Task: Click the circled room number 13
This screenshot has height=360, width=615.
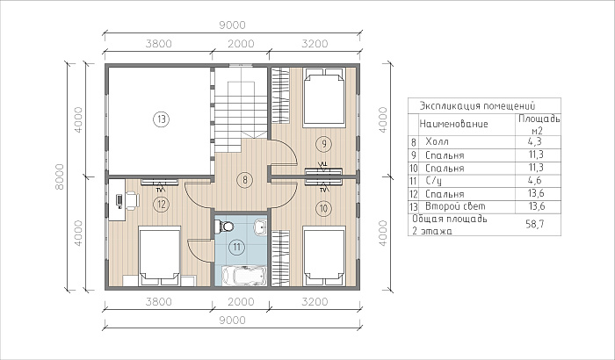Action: (161, 119)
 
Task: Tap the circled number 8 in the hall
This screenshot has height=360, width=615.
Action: (245, 180)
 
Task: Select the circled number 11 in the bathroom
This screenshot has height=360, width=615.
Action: (236, 247)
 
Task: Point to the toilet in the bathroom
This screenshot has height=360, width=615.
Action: (224, 227)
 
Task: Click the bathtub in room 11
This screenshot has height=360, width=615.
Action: (244, 276)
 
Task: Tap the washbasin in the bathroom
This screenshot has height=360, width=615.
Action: (260, 227)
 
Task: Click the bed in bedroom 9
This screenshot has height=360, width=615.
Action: (324, 98)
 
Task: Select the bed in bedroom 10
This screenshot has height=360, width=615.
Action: (324, 256)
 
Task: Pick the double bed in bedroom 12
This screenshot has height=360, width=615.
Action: (160, 256)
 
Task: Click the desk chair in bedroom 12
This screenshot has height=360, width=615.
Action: (132, 200)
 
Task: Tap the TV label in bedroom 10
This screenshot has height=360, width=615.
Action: (323, 191)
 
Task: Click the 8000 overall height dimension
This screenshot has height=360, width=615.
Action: (59, 176)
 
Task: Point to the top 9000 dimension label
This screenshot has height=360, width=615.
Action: (232, 25)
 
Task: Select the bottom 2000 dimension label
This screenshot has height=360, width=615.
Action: (241, 301)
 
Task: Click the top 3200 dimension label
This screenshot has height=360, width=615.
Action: (315, 44)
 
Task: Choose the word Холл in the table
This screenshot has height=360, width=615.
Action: (437, 141)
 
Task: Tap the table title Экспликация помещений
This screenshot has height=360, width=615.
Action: (477, 106)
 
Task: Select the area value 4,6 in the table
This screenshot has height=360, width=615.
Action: (536, 181)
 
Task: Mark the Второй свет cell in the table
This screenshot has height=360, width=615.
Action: (455, 206)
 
